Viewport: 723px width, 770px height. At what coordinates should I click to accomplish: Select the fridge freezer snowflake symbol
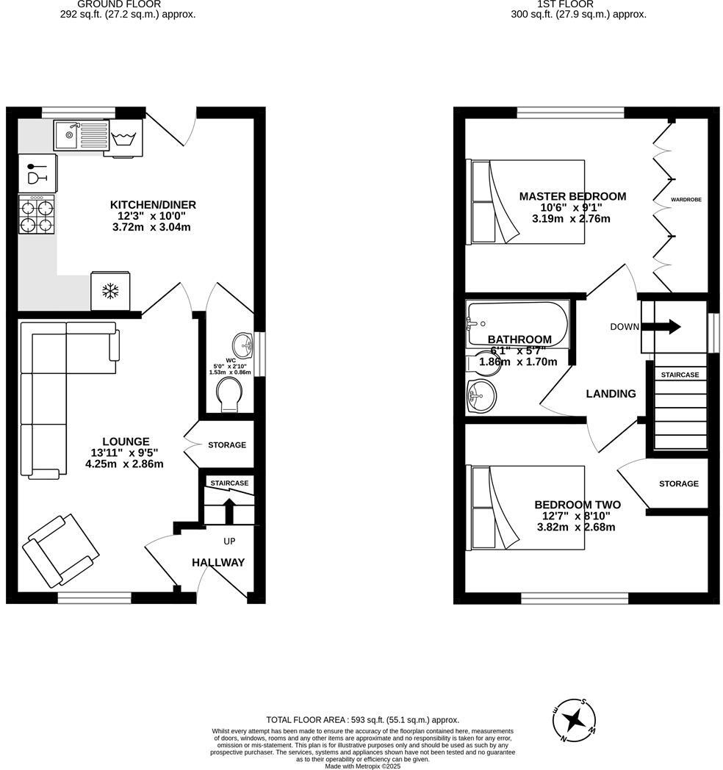(110, 292)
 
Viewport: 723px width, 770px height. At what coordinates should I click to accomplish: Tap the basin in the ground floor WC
(242, 344)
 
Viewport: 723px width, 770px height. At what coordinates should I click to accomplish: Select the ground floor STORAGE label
(227, 445)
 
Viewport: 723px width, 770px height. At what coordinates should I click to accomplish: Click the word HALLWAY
(218, 563)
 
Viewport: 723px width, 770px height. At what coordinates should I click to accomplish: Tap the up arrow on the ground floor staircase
(229, 509)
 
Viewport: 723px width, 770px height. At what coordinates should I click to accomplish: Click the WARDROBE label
(686, 199)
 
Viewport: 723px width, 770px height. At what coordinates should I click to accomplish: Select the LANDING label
(611, 394)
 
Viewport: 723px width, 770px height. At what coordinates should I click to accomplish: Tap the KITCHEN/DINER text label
(153, 204)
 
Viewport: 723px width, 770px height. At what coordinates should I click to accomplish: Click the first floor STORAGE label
(678, 483)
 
